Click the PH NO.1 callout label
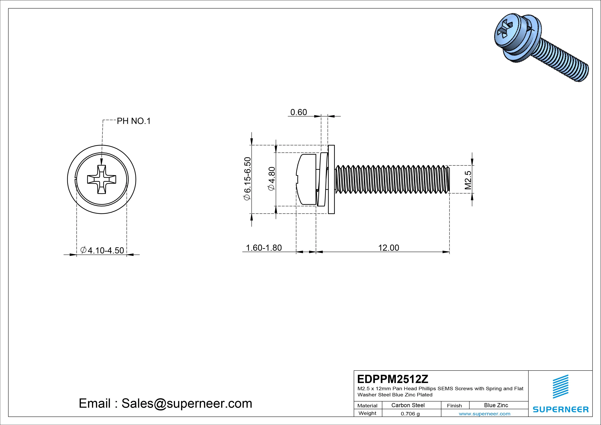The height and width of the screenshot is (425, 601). click(x=133, y=121)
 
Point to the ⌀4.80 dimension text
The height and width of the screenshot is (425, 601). click(x=272, y=179)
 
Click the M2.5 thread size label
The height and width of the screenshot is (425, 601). click(x=468, y=180)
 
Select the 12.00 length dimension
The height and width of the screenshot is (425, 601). click(x=388, y=248)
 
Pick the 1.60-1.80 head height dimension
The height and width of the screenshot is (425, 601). click(x=264, y=248)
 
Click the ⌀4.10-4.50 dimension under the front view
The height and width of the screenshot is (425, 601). click(x=102, y=250)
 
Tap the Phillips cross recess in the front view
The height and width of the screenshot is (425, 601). click(x=102, y=179)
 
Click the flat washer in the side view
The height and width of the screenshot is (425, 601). click(x=331, y=179)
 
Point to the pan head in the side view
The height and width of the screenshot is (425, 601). click(x=306, y=179)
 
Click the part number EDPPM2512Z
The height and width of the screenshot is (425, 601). click(x=393, y=379)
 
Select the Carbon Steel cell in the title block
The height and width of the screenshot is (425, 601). click(x=408, y=405)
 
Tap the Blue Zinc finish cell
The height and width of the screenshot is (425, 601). click(x=496, y=405)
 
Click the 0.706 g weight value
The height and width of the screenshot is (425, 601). click(x=410, y=414)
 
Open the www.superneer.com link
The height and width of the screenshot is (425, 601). click(x=485, y=414)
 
